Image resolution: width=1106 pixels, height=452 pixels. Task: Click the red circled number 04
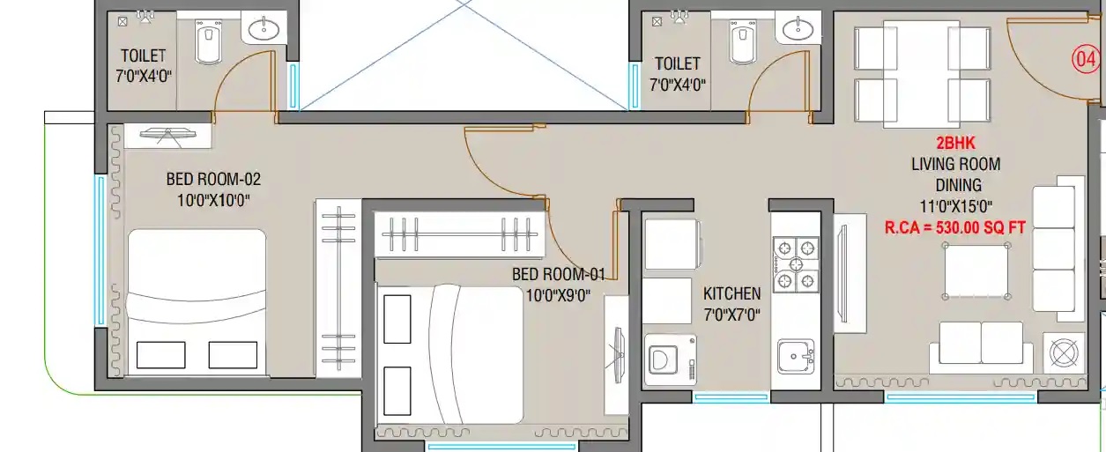(1085, 59)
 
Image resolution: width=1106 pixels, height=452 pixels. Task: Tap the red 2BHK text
(956, 143)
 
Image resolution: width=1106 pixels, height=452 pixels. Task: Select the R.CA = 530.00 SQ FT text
(955, 227)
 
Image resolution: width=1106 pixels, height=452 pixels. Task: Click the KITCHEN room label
(731, 293)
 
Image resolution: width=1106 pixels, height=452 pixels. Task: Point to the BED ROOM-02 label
(213, 179)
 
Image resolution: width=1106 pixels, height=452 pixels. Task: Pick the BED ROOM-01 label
(559, 274)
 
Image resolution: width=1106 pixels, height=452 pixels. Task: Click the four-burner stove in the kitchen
(796, 264)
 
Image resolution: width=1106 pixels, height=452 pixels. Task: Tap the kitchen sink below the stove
(796, 356)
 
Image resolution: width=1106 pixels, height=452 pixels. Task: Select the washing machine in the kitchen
(671, 359)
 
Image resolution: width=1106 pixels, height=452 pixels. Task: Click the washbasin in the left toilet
(264, 29)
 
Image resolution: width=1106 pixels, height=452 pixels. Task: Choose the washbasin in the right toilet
(798, 29)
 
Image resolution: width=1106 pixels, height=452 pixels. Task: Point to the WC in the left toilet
(208, 41)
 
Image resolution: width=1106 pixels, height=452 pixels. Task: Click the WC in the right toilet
(742, 41)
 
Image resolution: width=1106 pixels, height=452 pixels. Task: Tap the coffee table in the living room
(976, 270)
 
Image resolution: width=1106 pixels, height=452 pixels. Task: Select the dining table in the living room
(921, 74)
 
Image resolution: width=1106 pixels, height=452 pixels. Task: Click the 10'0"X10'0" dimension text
(213, 200)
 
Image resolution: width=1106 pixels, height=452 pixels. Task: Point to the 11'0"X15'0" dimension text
(956, 206)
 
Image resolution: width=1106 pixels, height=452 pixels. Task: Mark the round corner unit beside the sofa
(1064, 352)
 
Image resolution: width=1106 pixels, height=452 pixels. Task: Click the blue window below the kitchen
(731, 396)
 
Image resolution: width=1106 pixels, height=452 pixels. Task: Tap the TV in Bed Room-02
(167, 135)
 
